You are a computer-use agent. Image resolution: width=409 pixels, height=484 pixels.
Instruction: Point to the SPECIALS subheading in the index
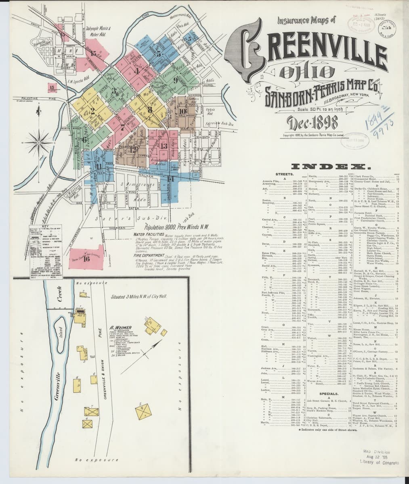point(328,393)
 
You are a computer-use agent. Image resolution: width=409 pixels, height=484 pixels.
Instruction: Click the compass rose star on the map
point(39,142)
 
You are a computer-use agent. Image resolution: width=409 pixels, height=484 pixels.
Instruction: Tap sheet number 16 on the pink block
point(86,259)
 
